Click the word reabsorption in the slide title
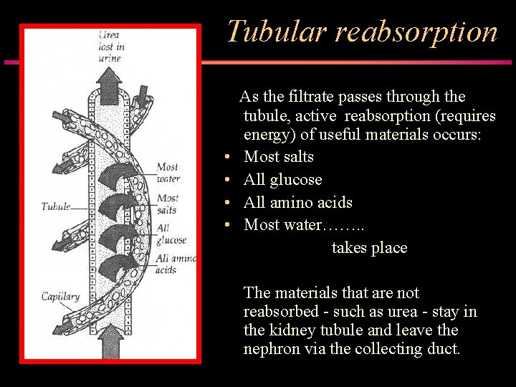(416, 33)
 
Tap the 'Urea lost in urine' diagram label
(110, 47)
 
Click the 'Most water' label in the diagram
(168, 173)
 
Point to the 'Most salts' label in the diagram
(167, 203)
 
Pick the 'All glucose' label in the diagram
(170, 234)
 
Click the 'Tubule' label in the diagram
(56, 206)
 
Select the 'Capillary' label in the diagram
(59, 297)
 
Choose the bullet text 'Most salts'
(279, 156)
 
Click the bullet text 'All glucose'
(282, 179)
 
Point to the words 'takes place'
(369, 248)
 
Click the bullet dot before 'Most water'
(226, 226)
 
